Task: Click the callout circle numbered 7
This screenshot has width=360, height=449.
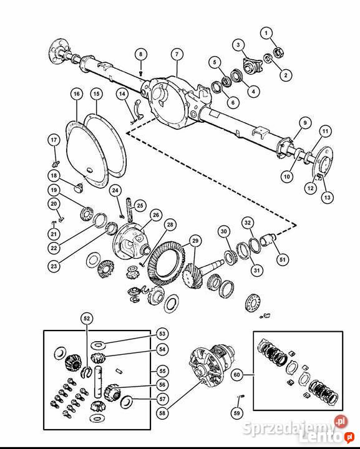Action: (x=177, y=54)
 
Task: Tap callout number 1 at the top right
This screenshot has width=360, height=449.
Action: (x=266, y=33)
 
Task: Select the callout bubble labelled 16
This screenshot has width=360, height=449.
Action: (x=77, y=94)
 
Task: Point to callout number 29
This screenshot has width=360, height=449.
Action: (x=195, y=241)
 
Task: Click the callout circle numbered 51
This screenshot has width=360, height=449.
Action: (x=283, y=259)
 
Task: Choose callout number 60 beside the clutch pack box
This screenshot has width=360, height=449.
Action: (x=237, y=375)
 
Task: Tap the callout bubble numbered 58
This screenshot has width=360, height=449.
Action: (x=162, y=413)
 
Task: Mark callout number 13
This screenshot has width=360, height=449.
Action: (x=328, y=197)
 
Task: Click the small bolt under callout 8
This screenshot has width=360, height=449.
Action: (x=140, y=73)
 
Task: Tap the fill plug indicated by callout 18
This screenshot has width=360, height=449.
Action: (x=79, y=188)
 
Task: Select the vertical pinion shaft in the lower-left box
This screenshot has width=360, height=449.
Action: (x=98, y=382)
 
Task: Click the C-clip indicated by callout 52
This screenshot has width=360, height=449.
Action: (x=86, y=372)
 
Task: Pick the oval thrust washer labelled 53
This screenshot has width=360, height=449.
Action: (x=98, y=345)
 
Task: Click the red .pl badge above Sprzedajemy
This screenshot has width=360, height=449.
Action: (x=341, y=422)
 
